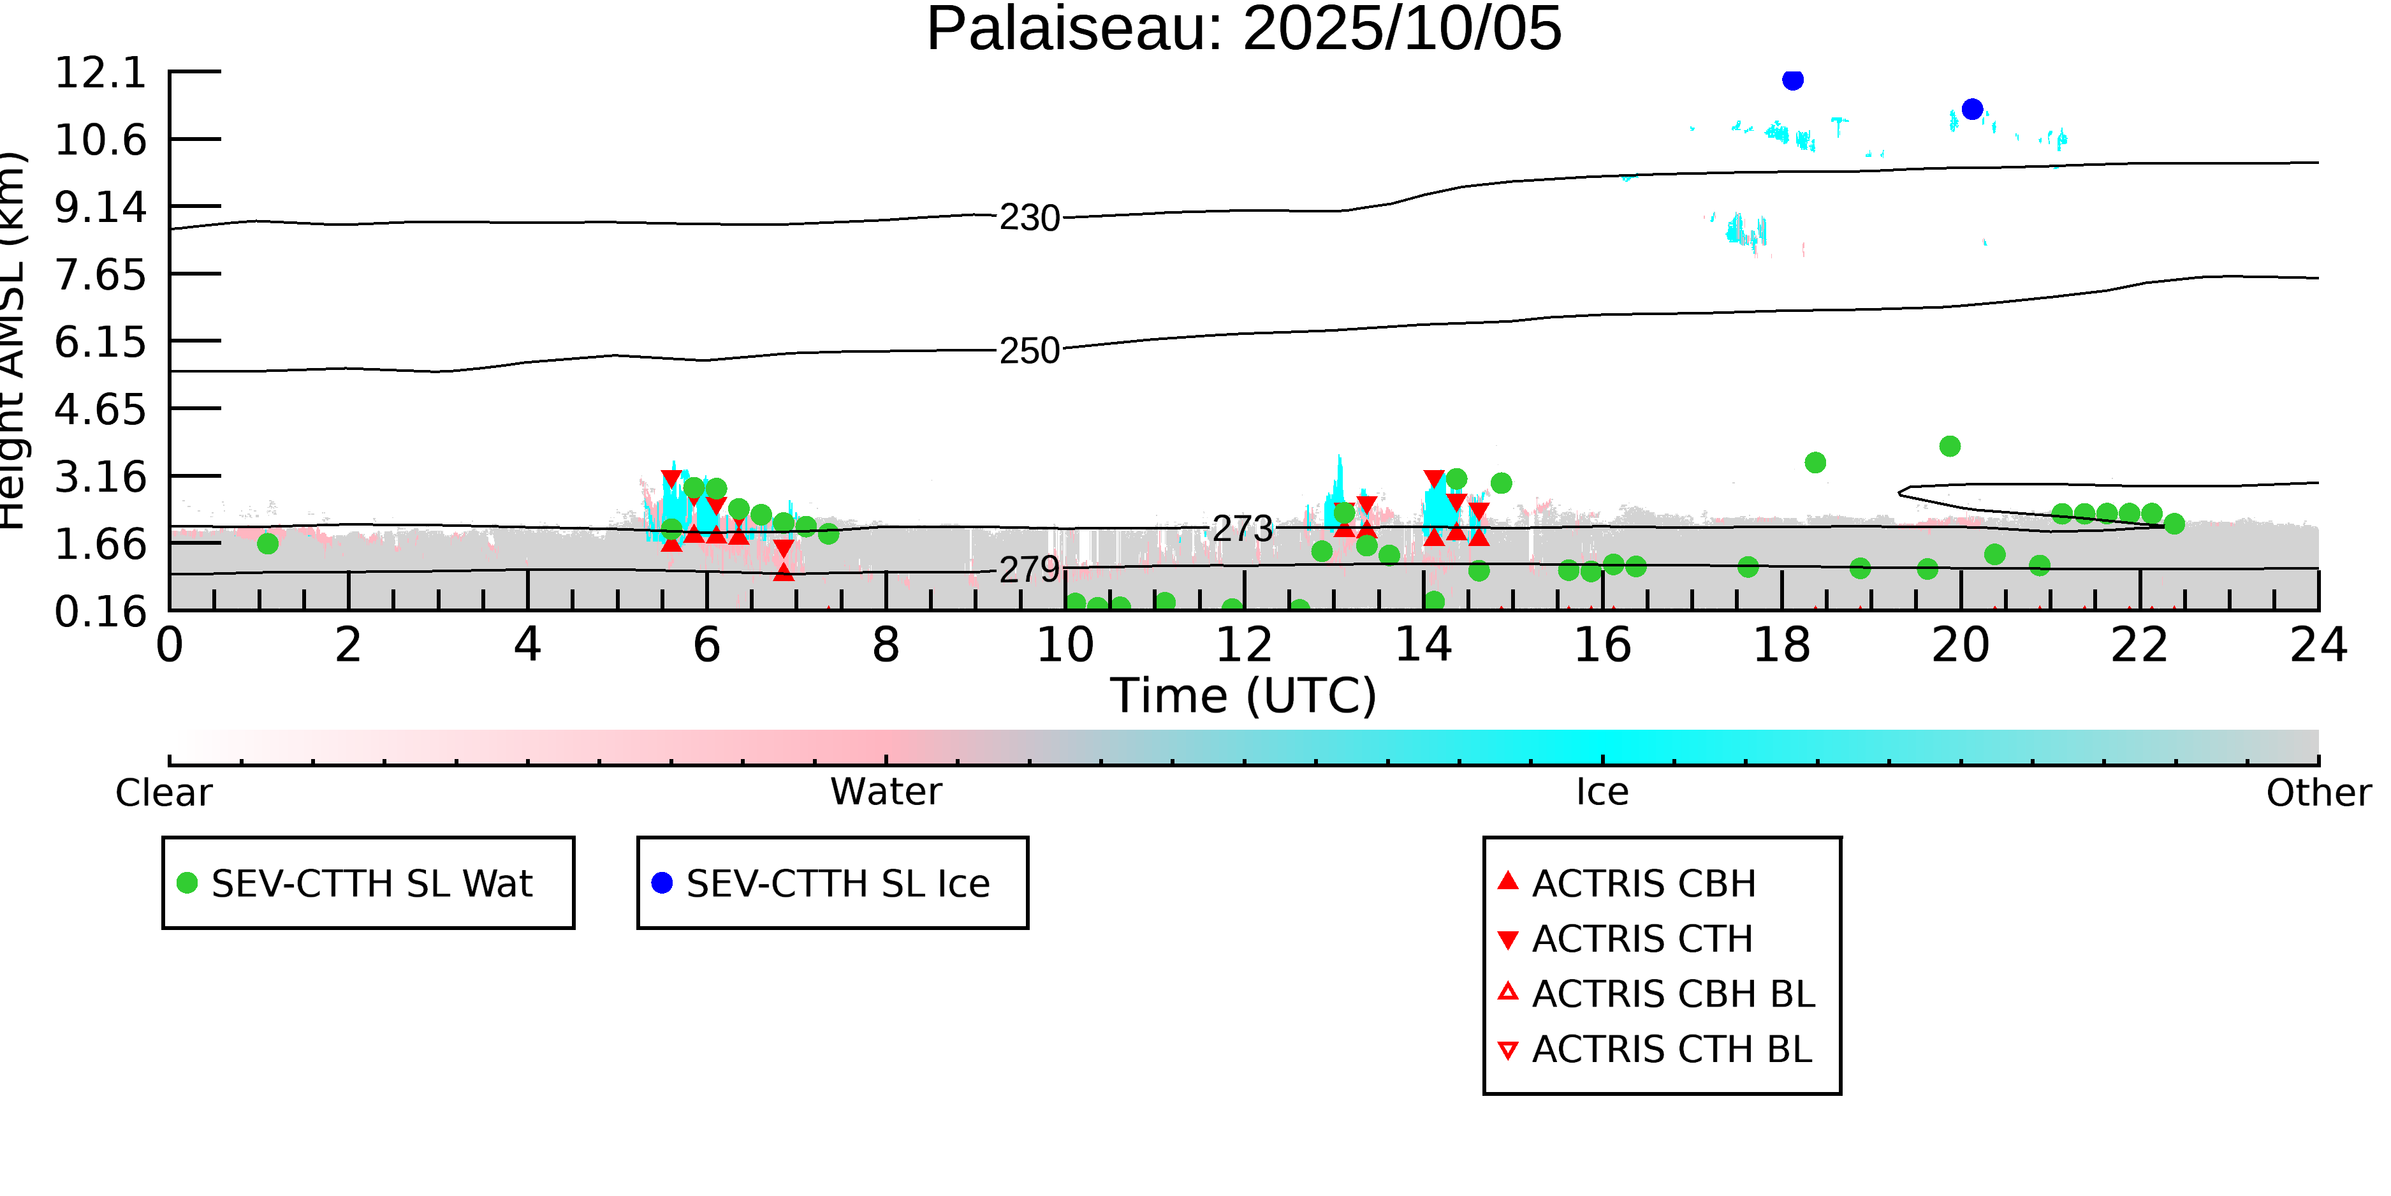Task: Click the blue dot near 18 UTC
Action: coord(1792,80)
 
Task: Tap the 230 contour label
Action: coord(1028,218)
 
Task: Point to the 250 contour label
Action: coord(1028,351)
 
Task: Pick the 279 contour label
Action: coord(1028,569)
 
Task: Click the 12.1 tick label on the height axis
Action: coord(100,73)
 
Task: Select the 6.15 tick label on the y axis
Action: coord(100,343)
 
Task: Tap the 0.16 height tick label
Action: coord(100,612)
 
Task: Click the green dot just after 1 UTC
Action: coord(267,544)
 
